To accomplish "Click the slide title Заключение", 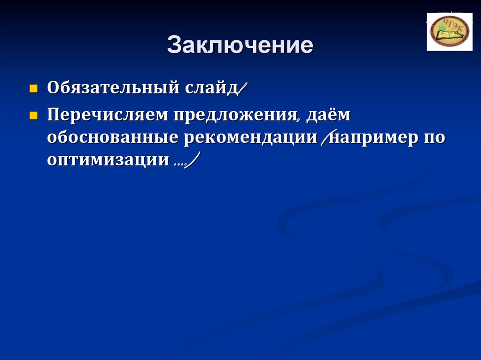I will [x=240, y=46].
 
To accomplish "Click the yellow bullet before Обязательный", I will [x=33, y=88].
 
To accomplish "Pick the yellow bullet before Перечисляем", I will [x=33, y=115].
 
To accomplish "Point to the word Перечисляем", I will [x=108, y=115].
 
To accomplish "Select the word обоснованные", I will [x=112, y=138].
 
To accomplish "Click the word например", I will [x=371, y=138].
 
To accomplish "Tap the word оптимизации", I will [x=108, y=160].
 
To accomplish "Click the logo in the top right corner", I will [x=449, y=32].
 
